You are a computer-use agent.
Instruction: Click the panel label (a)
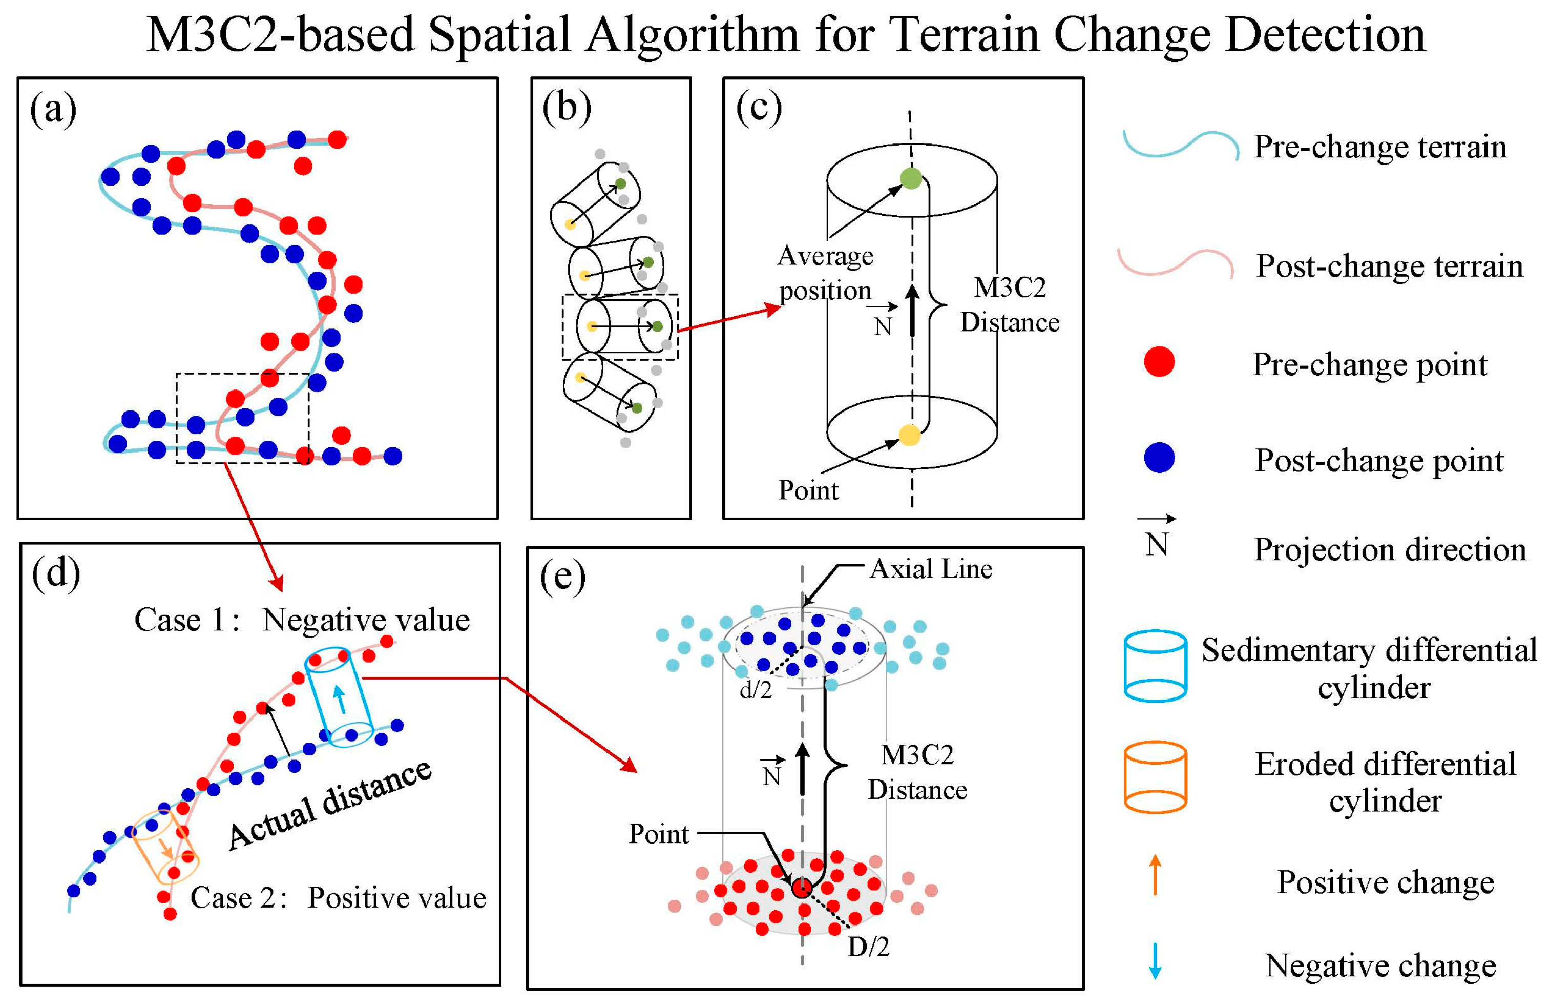[x=53, y=110]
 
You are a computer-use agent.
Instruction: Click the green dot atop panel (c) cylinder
[x=910, y=178]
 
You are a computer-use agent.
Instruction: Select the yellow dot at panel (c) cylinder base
[x=909, y=435]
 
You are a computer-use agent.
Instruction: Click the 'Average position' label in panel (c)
[x=825, y=273]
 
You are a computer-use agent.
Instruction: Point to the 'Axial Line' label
[x=931, y=569]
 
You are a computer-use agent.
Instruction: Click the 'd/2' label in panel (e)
[x=756, y=689]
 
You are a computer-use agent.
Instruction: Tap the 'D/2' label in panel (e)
[x=868, y=947]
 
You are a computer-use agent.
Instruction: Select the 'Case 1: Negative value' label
[x=302, y=620]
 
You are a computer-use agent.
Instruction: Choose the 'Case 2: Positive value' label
[x=338, y=897]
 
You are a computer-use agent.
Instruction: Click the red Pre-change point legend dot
[x=1159, y=362]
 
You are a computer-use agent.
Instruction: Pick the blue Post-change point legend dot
[x=1159, y=458]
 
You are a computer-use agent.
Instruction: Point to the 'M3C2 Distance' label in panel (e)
[x=917, y=772]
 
